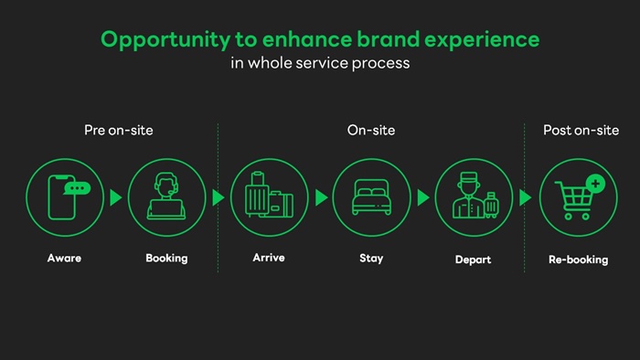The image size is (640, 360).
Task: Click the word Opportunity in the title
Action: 165,40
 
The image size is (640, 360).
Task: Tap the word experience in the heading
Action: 482,40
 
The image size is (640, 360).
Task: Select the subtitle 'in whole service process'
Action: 320,63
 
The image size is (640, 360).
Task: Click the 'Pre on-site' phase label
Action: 118,130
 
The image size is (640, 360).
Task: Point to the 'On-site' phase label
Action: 371,130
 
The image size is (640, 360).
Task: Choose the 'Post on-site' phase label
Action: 581,130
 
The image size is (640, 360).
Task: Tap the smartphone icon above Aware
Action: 61,197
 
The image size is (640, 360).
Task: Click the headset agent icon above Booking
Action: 166,196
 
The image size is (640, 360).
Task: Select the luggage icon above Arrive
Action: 269,195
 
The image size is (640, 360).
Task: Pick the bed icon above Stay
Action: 371,197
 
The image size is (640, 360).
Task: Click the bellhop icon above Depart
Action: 475,196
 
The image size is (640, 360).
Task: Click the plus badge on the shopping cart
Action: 595,184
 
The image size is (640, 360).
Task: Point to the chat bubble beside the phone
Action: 77,188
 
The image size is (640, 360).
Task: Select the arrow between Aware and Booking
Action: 116,197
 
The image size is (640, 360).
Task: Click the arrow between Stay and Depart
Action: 423,197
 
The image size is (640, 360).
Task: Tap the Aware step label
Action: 64,258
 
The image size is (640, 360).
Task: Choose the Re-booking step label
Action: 579,259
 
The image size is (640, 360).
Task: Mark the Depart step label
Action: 473,259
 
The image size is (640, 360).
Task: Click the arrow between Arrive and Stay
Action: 322,197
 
